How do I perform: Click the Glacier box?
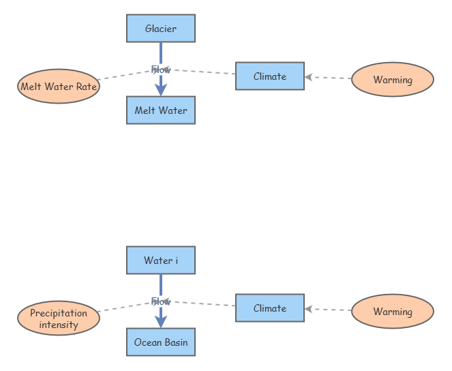(161, 29)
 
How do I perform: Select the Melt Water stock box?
(161, 110)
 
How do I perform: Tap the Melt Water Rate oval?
(58, 87)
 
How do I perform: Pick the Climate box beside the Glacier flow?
(269, 76)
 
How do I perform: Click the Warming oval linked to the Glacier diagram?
(393, 80)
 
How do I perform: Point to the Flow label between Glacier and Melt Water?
(161, 70)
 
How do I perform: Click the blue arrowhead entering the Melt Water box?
(161, 89)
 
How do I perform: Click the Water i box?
(161, 261)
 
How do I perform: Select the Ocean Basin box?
(161, 342)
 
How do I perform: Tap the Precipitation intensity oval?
(58, 318)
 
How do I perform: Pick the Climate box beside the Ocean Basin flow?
(269, 308)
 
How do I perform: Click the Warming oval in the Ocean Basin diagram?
(393, 312)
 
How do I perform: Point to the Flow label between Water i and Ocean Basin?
(161, 301)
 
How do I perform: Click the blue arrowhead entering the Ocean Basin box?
(161, 321)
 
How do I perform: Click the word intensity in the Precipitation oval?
(59, 325)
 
